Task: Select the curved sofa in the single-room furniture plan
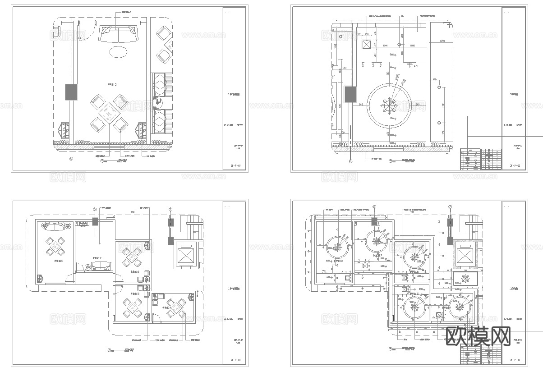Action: tap(119, 35)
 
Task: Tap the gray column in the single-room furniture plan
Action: tap(71, 92)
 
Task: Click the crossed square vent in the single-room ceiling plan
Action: tap(367, 44)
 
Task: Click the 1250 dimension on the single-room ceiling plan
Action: tap(442, 41)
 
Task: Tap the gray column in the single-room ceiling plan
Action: tap(350, 95)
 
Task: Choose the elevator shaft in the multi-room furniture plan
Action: tap(185, 255)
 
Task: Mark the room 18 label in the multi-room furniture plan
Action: tap(59, 261)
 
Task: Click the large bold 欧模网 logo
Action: tap(478, 336)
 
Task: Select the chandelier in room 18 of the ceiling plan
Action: tap(336, 246)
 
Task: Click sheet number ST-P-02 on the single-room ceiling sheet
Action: tap(515, 166)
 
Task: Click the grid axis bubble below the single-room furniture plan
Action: tap(71, 159)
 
